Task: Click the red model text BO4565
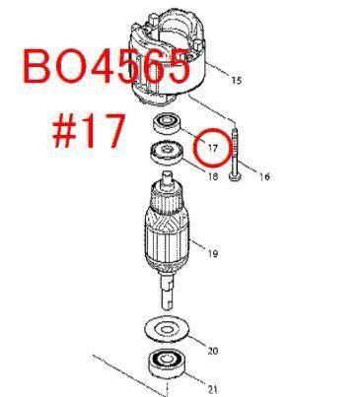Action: pyautogui.click(x=107, y=66)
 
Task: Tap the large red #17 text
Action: pyautogui.click(x=89, y=131)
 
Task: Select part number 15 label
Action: pyautogui.click(x=237, y=80)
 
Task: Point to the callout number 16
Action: pyautogui.click(x=264, y=176)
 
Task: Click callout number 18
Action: pyautogui.click(x=213, y=176)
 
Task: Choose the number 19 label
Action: pyautogui.click(x=213, y=253)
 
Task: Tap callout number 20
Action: pyautogui.click(x=212, y=351)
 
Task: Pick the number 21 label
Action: pyautogui.click(x=212, y=389)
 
